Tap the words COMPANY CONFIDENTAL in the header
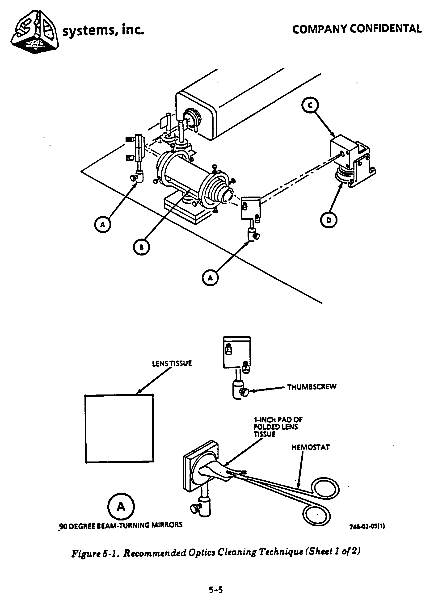[357, 29]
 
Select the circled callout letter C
[310, 106]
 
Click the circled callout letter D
[328, 220]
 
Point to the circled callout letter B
[141, 247]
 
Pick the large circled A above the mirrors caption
[121, 506]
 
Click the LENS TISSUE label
[172, 364]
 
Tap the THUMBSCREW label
[312, 387]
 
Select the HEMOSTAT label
[310, 447]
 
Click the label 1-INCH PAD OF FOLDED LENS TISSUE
[278, 427]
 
